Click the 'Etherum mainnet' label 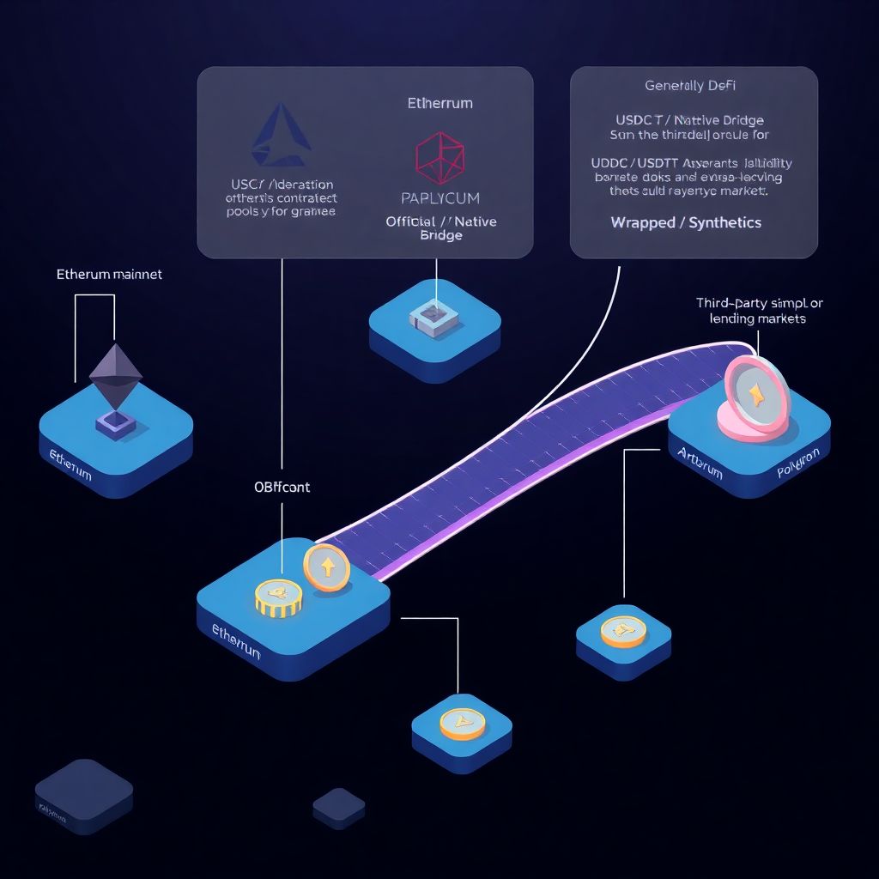tap(109, 276)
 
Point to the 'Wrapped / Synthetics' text tap(686, 222)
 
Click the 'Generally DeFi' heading tap(690, 86)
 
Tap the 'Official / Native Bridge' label tap(441, 228)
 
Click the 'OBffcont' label tap(282, 487)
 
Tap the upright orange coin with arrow tap(327, 567)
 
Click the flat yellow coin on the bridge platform tap(278, 597)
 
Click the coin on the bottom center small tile tap(462, 724)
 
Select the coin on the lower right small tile tap(623, 631)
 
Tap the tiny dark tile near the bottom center tap(339, 806)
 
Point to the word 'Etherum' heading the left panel tap(439, 103)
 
